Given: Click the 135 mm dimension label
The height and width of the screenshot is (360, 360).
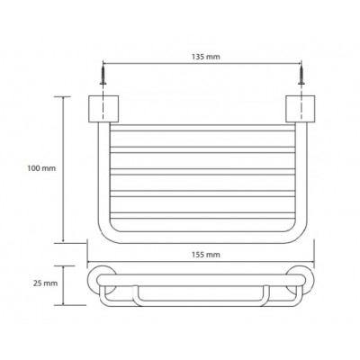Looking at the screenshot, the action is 205,57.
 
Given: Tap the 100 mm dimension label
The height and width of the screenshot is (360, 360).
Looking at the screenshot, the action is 41,168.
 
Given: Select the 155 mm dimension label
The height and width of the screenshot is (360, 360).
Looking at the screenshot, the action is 205,255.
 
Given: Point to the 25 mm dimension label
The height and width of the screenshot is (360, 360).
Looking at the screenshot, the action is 45,283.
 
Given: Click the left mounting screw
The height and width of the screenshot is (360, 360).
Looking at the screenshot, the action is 103,76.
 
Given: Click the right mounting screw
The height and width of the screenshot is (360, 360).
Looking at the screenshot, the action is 301,76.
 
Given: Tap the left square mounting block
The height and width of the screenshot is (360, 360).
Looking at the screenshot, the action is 103,109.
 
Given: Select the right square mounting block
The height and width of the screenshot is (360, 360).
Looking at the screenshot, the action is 301,109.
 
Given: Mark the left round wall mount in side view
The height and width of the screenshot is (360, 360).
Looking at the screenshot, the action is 103,282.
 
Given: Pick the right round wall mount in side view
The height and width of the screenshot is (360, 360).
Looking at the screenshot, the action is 301,282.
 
